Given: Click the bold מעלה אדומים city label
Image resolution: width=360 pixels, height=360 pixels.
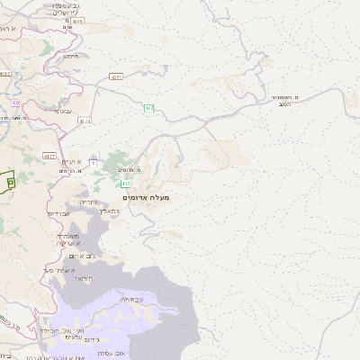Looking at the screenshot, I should tap(145, 197).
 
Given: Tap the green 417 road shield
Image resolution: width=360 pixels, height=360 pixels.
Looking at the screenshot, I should tap(126, 184).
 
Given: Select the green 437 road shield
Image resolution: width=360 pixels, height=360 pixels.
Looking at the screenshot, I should tap(149, 108).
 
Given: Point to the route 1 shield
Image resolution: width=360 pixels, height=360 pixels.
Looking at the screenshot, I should tap(93, 162).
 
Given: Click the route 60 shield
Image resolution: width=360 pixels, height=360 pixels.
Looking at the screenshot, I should tap(16, 103).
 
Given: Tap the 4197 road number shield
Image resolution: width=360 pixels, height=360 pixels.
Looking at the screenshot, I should tap(5, 73).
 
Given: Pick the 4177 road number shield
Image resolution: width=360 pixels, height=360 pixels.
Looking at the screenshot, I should tap(49, 156).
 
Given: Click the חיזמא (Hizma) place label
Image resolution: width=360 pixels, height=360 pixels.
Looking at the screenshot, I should tap(70, 56).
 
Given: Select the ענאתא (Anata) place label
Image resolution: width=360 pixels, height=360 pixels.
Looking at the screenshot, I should tap(63, 110).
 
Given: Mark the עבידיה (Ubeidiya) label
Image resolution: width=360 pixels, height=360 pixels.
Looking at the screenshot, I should tap(131, 299).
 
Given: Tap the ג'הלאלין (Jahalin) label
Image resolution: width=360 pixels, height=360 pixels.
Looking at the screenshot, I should tap(110, 209).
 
